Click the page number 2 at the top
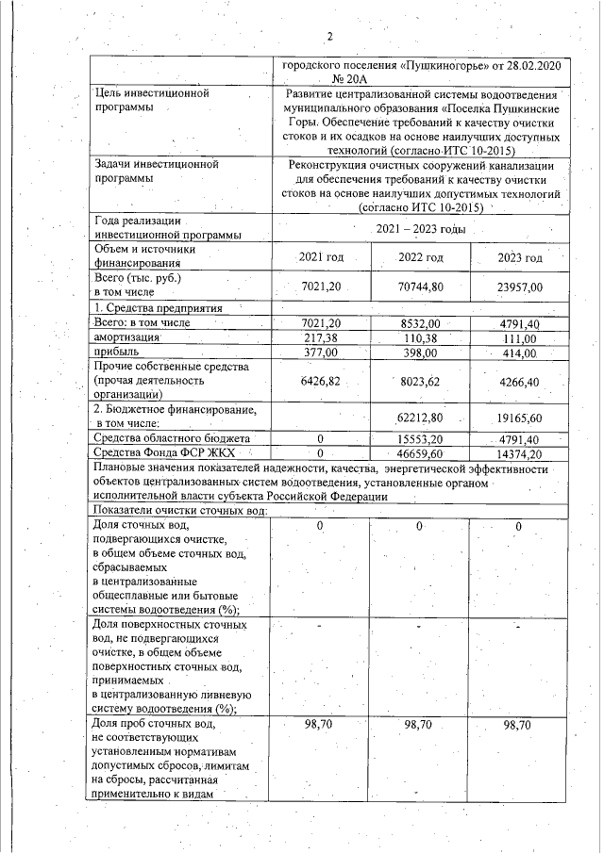(x=330, y=37)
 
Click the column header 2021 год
(x=321, y=257)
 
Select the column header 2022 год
(x=421, y=257)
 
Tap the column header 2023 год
(x=520, y=257)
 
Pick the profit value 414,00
(x=518, y=353)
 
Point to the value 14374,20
(x=520, y=453)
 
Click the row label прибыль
(x=116, y=352)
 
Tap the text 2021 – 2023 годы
(x=421, y=229)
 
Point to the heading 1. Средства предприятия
(x=157, y=308)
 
